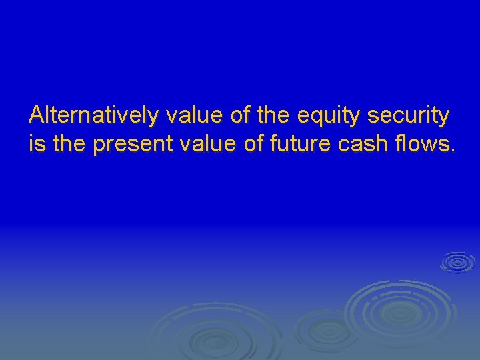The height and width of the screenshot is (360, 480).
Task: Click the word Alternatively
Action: tap(94, 115)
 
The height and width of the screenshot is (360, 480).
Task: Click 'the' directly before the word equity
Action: tap(272, 115)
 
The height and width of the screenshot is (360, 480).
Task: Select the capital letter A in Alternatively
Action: tap(36, 115)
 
